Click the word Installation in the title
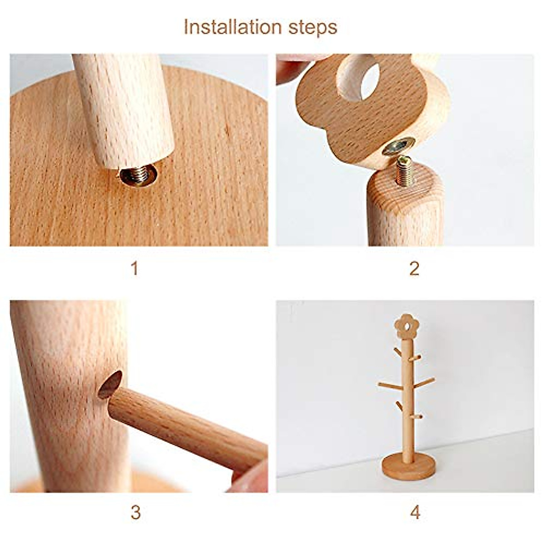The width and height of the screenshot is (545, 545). click(234, 27)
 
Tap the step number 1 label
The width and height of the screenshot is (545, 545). click(134, 269)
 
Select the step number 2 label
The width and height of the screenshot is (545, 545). click(414, 269)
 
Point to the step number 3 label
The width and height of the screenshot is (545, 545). click(135, 512)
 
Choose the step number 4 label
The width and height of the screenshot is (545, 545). click(415, 512)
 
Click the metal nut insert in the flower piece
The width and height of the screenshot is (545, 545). click(398, 146)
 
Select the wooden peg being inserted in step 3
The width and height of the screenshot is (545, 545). click(186, 427)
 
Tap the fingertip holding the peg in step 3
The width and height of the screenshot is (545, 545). click(250, 477)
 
